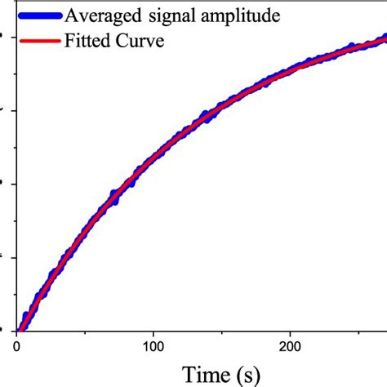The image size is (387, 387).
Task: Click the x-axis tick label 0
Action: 17,346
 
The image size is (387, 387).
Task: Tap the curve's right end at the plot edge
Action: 385,38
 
